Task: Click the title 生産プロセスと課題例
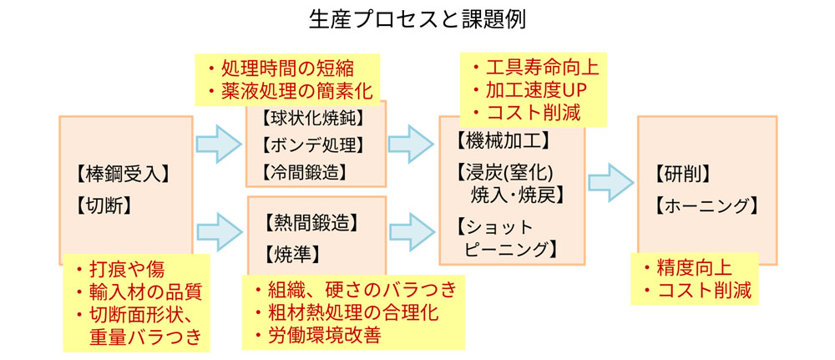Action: [417, 19]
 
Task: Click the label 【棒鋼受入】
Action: [122, 175]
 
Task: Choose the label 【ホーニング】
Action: [707, 205]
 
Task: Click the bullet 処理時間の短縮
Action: [286, 68]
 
